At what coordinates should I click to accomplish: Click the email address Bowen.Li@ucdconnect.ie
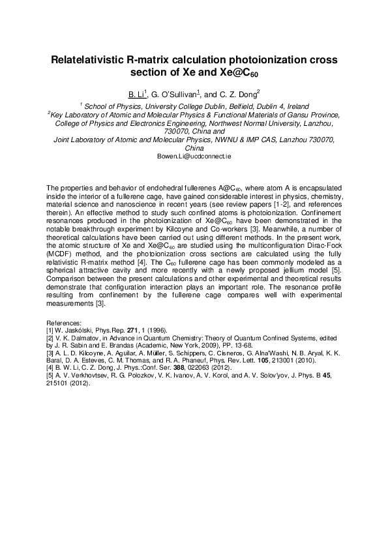(194, 157)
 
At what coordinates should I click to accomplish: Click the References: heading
(65, 323)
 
